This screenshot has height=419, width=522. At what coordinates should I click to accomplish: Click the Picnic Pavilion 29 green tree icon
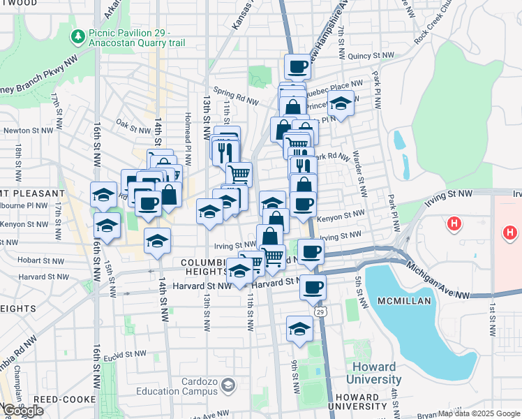[x=78, y=36]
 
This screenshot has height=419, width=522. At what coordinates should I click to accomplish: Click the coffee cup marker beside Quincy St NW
[x=297, y=66]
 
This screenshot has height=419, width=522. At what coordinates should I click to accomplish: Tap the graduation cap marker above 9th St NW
[x=299, y=328]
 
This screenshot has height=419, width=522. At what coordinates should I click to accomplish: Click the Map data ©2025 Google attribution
[x=479, y=413]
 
